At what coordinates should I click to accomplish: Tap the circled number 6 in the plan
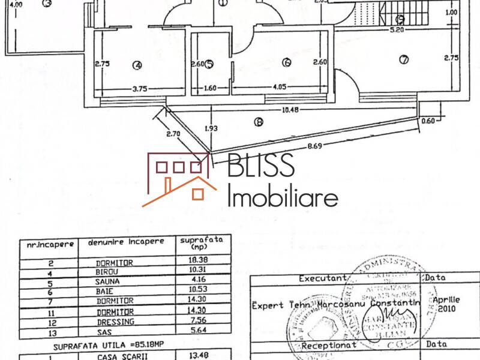(x=286, y=62)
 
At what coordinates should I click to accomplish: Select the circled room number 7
(x=403, y=59)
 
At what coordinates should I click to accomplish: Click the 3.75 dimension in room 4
(x=139, y=88)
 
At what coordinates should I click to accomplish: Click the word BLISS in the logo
(x=262, y=166)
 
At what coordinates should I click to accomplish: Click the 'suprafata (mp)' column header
(x=199, y=242)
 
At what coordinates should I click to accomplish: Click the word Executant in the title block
(x=323, y=278)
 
